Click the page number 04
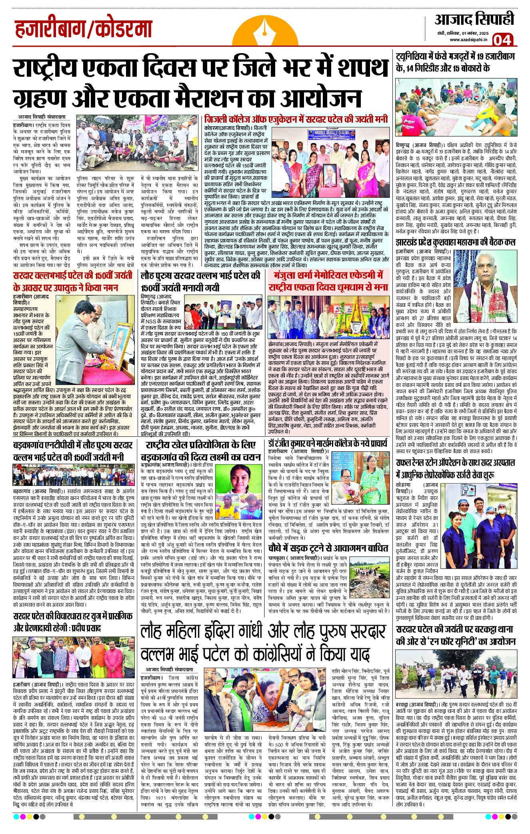502,40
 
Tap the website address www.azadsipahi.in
468,40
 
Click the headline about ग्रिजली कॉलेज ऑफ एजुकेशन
296,119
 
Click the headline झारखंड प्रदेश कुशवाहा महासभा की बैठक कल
456,242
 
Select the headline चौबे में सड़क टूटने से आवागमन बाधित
328,548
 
